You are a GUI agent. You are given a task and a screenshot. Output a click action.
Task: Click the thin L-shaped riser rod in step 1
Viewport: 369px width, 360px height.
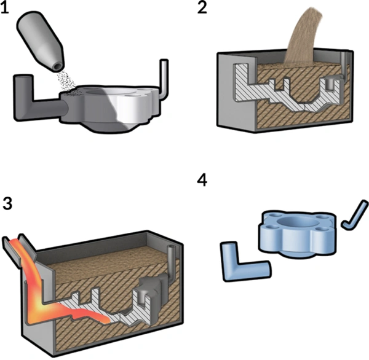[x=164, y=77]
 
